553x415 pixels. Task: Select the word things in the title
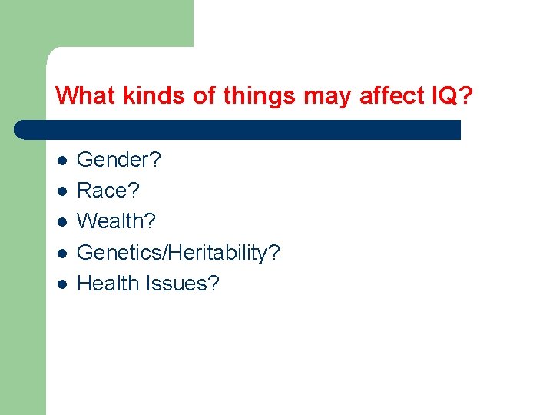tap(258, 96)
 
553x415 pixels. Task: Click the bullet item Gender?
tap(119, 160)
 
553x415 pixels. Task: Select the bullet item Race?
tap(109, 191)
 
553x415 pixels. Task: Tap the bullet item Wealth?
tap(117, 221)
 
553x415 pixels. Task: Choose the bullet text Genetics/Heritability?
tap(179, 253)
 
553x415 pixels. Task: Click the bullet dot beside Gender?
tap(61, 161)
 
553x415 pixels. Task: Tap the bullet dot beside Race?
tap(61, 191)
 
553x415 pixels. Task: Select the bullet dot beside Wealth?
tap(61, 222)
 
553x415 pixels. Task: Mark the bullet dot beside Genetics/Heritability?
tap(61, 253)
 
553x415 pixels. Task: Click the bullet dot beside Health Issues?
tap(61, 284)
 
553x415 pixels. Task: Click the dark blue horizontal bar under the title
tap(238, 129)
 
